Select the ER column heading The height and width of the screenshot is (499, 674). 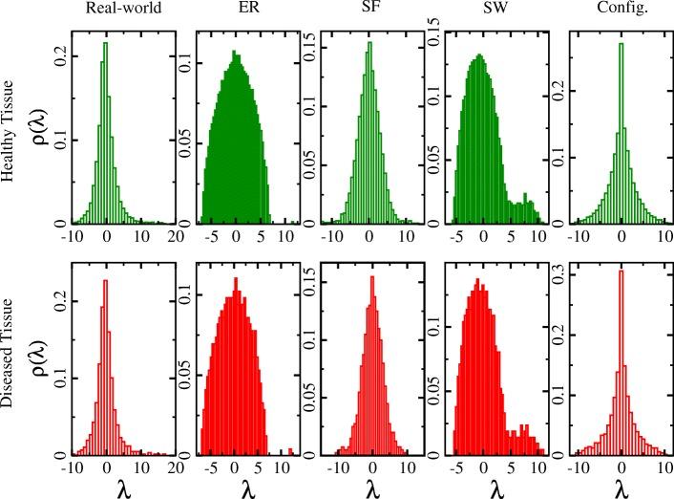point(232,12)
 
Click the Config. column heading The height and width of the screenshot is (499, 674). point(621,12)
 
